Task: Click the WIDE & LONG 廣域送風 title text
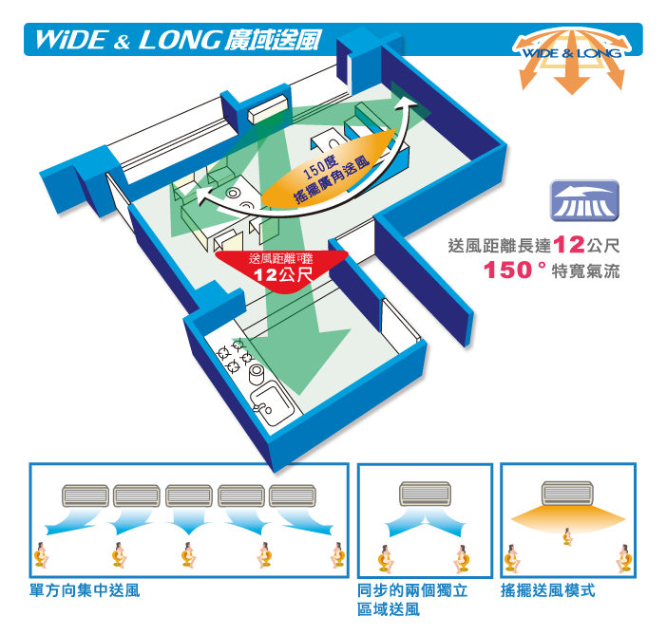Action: [178, 40]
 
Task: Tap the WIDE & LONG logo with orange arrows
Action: [572, 60]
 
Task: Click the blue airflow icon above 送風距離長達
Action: [584, 200]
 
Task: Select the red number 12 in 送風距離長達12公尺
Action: [569, 245]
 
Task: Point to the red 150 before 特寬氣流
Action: [508, 270]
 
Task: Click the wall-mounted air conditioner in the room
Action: [268, 108]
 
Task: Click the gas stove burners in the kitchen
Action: [235, 355]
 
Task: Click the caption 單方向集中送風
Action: [85, 590]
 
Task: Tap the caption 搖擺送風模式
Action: [548, 590]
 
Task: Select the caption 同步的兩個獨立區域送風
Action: [412, 600]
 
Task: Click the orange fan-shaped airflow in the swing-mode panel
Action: [568, 519]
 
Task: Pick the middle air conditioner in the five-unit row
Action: [189, 495]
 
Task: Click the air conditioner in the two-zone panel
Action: [425, 494]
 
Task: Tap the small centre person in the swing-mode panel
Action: [567, 536]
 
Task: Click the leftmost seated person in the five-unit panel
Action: [41, 555]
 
